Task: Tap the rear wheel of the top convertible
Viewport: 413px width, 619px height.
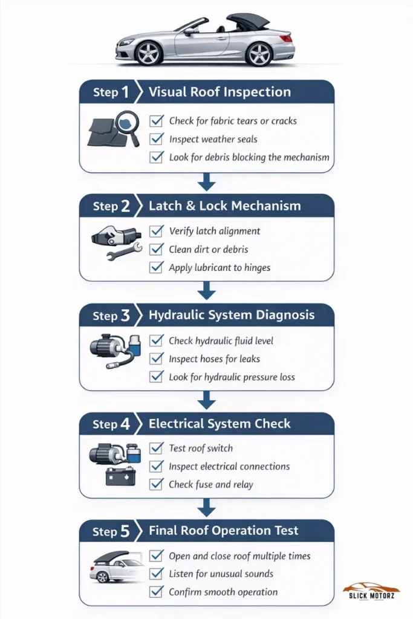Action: [259, 53]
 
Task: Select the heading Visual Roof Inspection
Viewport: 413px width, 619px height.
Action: [220, 92]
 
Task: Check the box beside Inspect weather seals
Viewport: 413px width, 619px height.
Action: [157, 139]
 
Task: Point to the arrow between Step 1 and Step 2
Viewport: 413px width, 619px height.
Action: [206, 182]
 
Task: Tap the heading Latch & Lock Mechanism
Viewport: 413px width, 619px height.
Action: [224, 206]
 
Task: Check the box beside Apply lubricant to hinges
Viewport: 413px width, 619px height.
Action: [157, 267]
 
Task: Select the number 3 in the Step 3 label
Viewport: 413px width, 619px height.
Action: [125, 315]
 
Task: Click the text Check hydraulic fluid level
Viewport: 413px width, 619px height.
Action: [221, 341]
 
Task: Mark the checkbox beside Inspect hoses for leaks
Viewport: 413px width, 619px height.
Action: [157, 359]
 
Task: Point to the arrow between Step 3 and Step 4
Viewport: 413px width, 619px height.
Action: [206, 400]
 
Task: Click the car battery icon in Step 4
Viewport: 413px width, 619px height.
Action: [120, 476]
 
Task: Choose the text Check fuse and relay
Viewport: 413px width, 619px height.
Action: [210, 484]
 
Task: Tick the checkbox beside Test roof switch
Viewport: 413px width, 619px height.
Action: [157, 448]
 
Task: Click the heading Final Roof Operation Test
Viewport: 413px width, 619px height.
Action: [224, 531]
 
